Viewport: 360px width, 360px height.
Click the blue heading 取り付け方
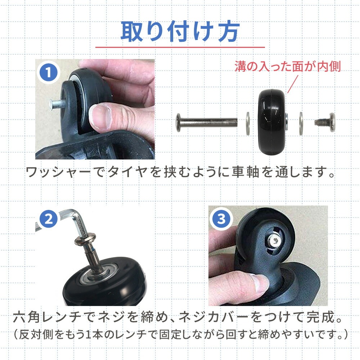[180, 31]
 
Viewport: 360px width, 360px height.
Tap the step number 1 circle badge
[48, 73]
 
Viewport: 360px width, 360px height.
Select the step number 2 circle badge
[49, 219]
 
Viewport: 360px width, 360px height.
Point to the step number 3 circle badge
[221, 219]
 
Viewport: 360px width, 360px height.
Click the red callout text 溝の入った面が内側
[288, 66]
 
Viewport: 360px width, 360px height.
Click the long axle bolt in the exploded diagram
[207, 122]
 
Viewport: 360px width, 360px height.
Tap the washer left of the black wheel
[248, 123]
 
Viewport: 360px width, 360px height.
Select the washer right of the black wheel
[301, 123]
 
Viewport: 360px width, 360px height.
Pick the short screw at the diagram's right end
[325, 122]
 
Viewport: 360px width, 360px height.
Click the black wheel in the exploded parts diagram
[272, 122]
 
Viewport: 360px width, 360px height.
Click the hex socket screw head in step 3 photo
[274, 241]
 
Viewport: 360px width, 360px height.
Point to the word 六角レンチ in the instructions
[48, 318]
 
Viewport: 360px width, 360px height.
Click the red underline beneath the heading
[180, 48]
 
